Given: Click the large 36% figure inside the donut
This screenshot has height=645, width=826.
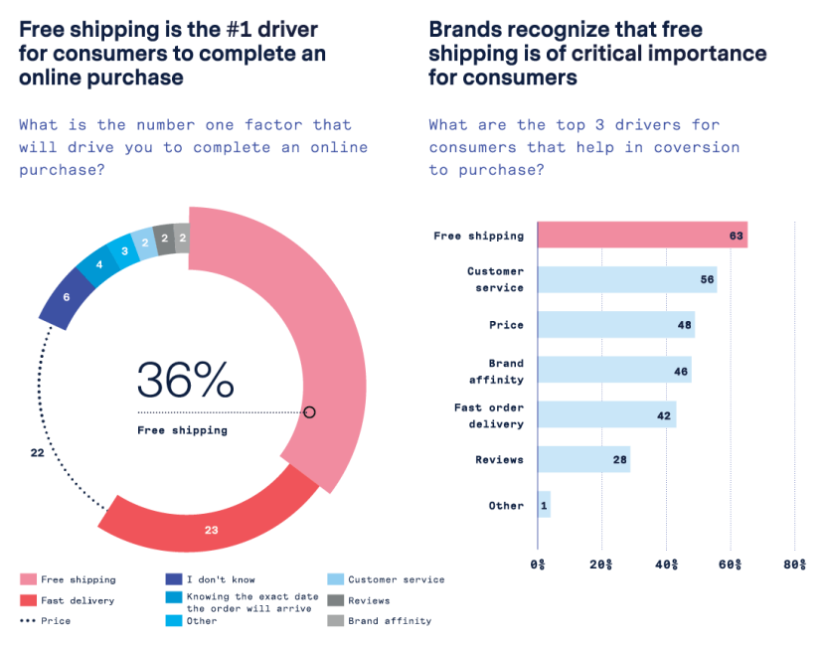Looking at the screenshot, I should click(185, 380).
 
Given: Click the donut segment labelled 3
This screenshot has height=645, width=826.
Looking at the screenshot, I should click(124, 250).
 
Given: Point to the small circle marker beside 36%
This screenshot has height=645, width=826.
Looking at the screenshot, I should click(309, 411).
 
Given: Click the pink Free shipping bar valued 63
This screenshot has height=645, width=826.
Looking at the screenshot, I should click(642, 235).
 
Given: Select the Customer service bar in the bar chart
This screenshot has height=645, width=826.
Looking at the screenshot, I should click(626, 279).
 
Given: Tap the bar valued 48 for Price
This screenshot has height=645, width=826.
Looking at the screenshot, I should click(615, 325).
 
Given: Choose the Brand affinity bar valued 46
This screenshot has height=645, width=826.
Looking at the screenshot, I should click(613, 370).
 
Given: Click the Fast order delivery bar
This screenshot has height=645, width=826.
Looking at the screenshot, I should click(606, 414).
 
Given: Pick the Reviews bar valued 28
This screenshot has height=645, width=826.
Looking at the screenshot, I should click(583, 459).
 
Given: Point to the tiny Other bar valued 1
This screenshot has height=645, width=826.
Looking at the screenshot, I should click(544, 505).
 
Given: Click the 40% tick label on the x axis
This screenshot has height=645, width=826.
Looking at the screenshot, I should click(666, 564).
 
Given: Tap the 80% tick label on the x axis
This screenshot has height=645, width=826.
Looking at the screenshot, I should click(794, 564).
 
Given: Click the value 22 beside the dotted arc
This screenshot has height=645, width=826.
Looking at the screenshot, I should click(37, 452).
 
